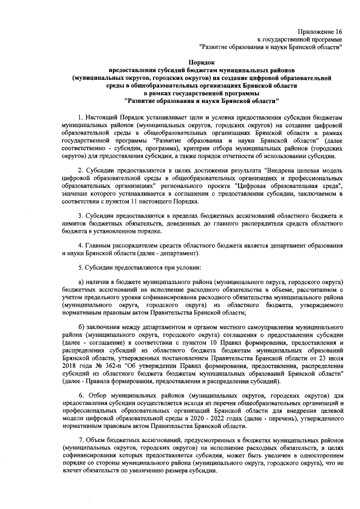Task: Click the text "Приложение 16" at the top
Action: pos(319,33)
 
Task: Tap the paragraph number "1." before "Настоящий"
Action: pos(81,115)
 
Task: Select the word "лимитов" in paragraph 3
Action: pos(74,224)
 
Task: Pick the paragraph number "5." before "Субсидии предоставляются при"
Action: pos(81,269)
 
